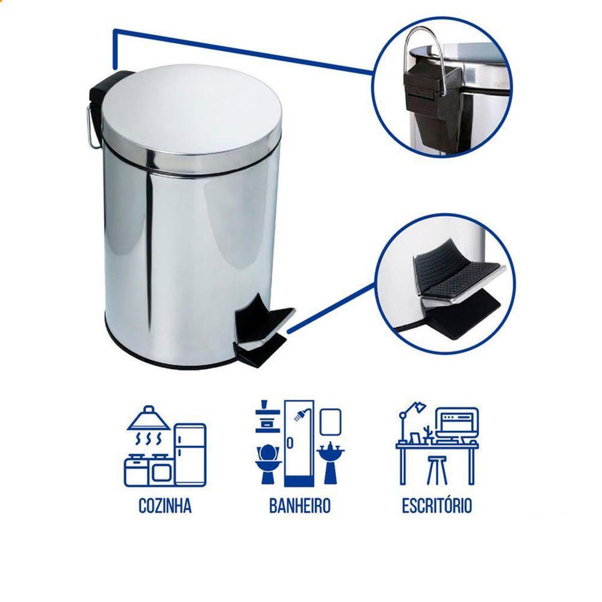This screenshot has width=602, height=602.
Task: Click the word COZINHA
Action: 164,506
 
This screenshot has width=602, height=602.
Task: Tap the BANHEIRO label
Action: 299,506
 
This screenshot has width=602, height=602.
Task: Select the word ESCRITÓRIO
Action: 436,506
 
